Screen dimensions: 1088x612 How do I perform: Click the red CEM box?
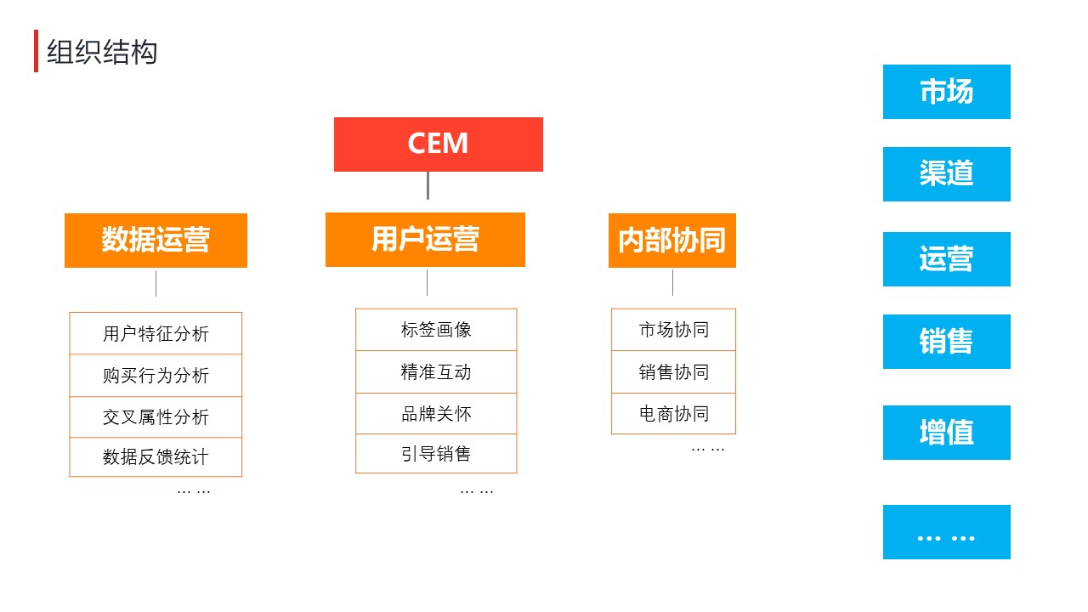438,144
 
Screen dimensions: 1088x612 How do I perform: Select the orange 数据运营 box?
156,241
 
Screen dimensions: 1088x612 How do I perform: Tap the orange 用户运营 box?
425,240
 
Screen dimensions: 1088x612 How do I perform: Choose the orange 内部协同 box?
672,241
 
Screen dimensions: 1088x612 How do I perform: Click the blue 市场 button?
947,92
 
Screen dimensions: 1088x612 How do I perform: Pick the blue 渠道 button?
947,174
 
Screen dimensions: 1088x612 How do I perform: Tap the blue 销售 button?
947,342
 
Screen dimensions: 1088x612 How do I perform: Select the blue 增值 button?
947,433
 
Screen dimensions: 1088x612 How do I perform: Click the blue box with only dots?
947,532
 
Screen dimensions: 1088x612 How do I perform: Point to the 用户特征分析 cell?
156,333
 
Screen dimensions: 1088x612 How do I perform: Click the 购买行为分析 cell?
156,376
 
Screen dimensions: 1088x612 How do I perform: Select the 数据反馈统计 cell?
156,457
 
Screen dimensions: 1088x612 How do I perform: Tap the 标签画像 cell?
436,329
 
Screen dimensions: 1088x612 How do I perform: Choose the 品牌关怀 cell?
436,413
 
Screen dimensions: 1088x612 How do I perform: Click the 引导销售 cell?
436,453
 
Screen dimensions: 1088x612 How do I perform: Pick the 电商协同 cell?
674,413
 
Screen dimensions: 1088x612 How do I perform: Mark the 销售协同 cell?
674,371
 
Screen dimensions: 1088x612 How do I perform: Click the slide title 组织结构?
102,52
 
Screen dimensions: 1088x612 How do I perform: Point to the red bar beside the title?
36,51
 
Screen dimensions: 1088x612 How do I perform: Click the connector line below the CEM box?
428,185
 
